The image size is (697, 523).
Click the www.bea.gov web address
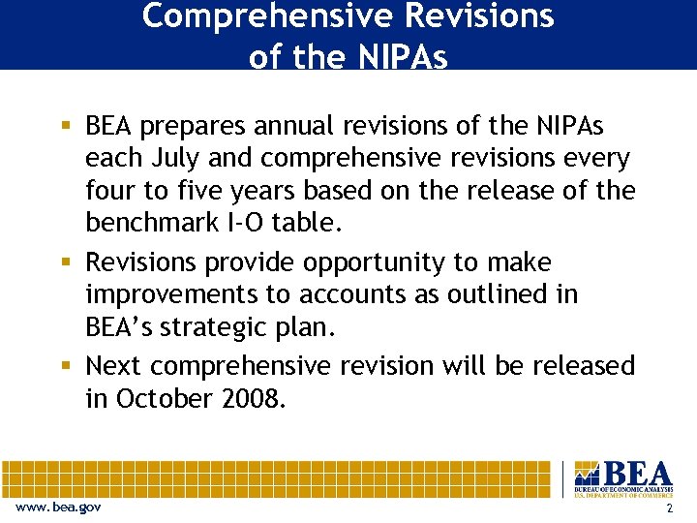58,508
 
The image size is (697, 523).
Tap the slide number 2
669,508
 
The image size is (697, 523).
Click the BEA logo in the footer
622,477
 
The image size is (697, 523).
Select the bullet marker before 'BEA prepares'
66,126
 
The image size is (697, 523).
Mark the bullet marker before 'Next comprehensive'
66,366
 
